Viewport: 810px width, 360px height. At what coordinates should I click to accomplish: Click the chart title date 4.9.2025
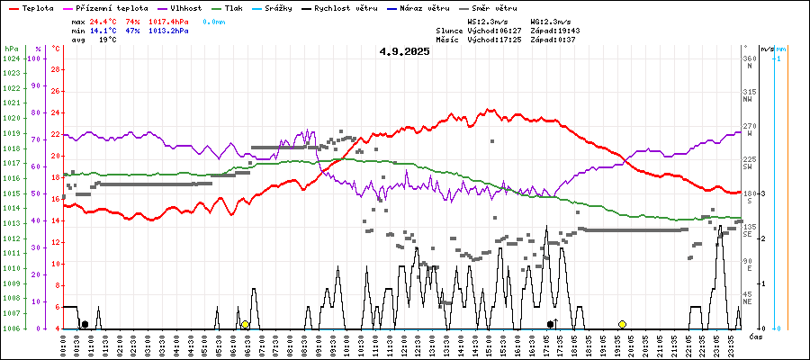[x=404, y=51]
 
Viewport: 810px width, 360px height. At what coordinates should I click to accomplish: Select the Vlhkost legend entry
[x=186, y=8]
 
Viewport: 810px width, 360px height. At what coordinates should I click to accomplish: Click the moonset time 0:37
[x=567, y=40]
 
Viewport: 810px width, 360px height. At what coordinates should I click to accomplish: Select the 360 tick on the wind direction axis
[x=748, y=58]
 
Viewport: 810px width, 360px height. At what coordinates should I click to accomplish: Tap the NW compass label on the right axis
[x=748, y=100]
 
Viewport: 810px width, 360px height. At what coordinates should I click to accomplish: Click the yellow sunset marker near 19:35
[x=622, y=324]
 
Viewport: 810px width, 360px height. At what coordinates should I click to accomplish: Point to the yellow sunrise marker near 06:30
[x=245, y=324]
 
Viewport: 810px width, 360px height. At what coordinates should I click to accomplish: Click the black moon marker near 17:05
[x=551, y=324]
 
